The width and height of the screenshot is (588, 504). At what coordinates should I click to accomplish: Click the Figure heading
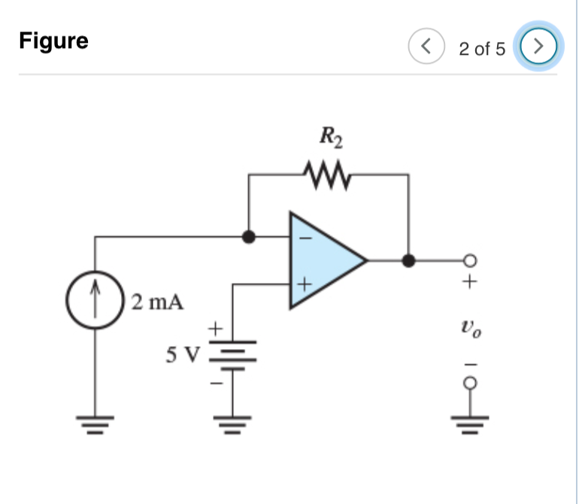[x=53, y=41]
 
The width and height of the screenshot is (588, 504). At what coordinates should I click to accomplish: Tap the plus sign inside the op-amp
[x=304, y=286]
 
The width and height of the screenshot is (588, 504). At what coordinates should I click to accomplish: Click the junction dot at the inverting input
[x=249, y=236]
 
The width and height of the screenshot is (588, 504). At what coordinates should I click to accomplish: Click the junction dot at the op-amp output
[x=408, y=261]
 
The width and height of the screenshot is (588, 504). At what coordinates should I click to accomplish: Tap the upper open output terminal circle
[x=470, y=261]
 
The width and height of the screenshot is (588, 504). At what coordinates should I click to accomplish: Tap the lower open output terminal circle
[x=470, y=383]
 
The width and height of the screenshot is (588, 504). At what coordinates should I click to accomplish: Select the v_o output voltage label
[x=470, y=328]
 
